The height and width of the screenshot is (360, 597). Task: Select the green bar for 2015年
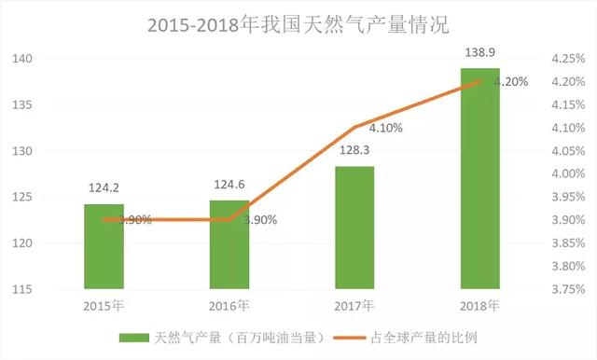(103, 246)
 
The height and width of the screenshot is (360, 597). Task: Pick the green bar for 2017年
(354, 228)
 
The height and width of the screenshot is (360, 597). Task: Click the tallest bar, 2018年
(480, 178)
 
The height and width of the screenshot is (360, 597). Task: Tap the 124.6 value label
(229, 184)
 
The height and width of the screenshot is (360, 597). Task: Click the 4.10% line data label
(384, 128)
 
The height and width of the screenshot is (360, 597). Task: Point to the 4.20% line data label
(510, 82)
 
